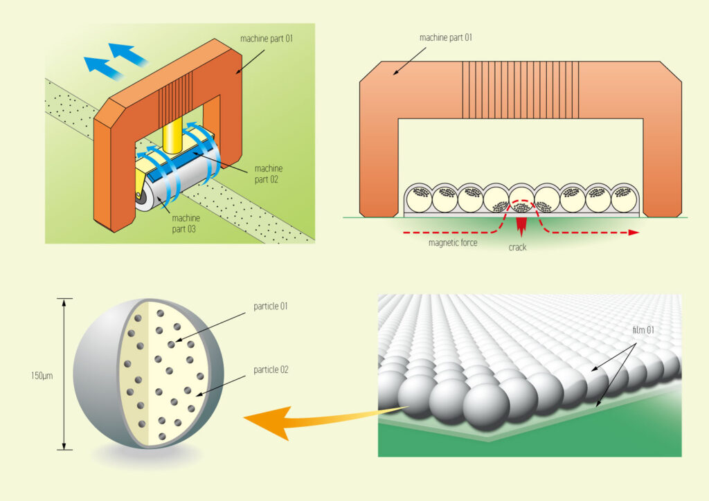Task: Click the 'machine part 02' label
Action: (269, 174)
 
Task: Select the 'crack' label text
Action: (518, 247)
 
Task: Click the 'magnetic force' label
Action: (453, 243)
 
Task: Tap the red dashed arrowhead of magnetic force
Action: (631, 233)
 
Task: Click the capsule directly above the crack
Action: (521, 199)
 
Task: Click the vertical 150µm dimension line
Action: (64, 374)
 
